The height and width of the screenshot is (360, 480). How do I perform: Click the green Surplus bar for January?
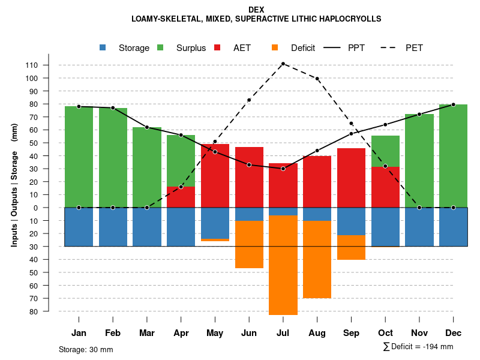click(79, 157)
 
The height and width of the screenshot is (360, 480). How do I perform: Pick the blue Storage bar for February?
click(113, 227)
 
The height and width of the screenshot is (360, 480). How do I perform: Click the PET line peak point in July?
click(283, 64)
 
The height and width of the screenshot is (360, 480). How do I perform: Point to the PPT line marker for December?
click(453, 104)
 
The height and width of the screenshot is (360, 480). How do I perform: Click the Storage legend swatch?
click(103, 48)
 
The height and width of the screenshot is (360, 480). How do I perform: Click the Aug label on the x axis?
click(317, 333)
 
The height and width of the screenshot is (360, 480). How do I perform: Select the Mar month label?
click(147, 333)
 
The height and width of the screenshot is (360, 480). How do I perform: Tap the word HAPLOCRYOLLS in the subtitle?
click(348, 19)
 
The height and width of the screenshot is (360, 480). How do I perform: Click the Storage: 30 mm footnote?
click(86, 349)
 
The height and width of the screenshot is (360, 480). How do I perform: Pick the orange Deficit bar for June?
click(249, 244)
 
